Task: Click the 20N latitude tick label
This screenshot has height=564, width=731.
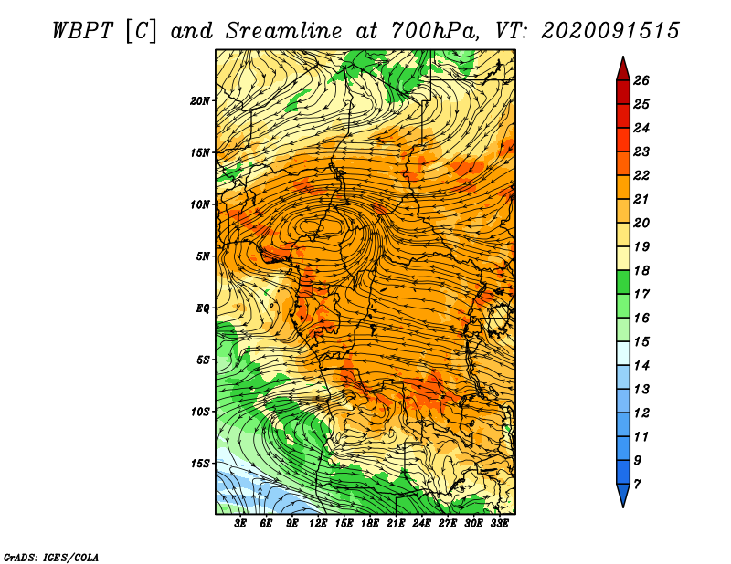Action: (200, 101)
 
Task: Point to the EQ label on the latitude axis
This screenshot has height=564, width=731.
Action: (202, 308)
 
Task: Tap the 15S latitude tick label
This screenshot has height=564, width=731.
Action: (200, 464)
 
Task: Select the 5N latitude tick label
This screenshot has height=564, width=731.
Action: (203, 256)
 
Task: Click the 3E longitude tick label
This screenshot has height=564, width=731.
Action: (240, 524)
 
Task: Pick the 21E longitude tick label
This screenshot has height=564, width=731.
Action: (396, 524)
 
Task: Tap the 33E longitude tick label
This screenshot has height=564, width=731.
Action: (499, 524)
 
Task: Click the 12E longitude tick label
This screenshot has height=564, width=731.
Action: (317, 524)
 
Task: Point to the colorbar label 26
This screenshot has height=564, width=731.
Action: (641, 80)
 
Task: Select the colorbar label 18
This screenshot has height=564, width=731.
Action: (641, 270)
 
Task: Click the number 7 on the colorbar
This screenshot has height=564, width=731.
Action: (637, 485)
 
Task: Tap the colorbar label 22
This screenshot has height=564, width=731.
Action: (641, 175)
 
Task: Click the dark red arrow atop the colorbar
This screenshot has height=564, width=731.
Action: (623, 69)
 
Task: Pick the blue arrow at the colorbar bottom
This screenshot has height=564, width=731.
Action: (623, 496)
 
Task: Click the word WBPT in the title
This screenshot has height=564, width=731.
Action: (82, 31)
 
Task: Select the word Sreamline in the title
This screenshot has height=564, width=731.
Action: (284, 31)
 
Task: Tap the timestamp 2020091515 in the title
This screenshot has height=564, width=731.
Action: (610, 31)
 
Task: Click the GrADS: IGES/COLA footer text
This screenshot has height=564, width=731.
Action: (50, 558)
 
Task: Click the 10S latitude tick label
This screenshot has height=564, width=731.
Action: (200, 413)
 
